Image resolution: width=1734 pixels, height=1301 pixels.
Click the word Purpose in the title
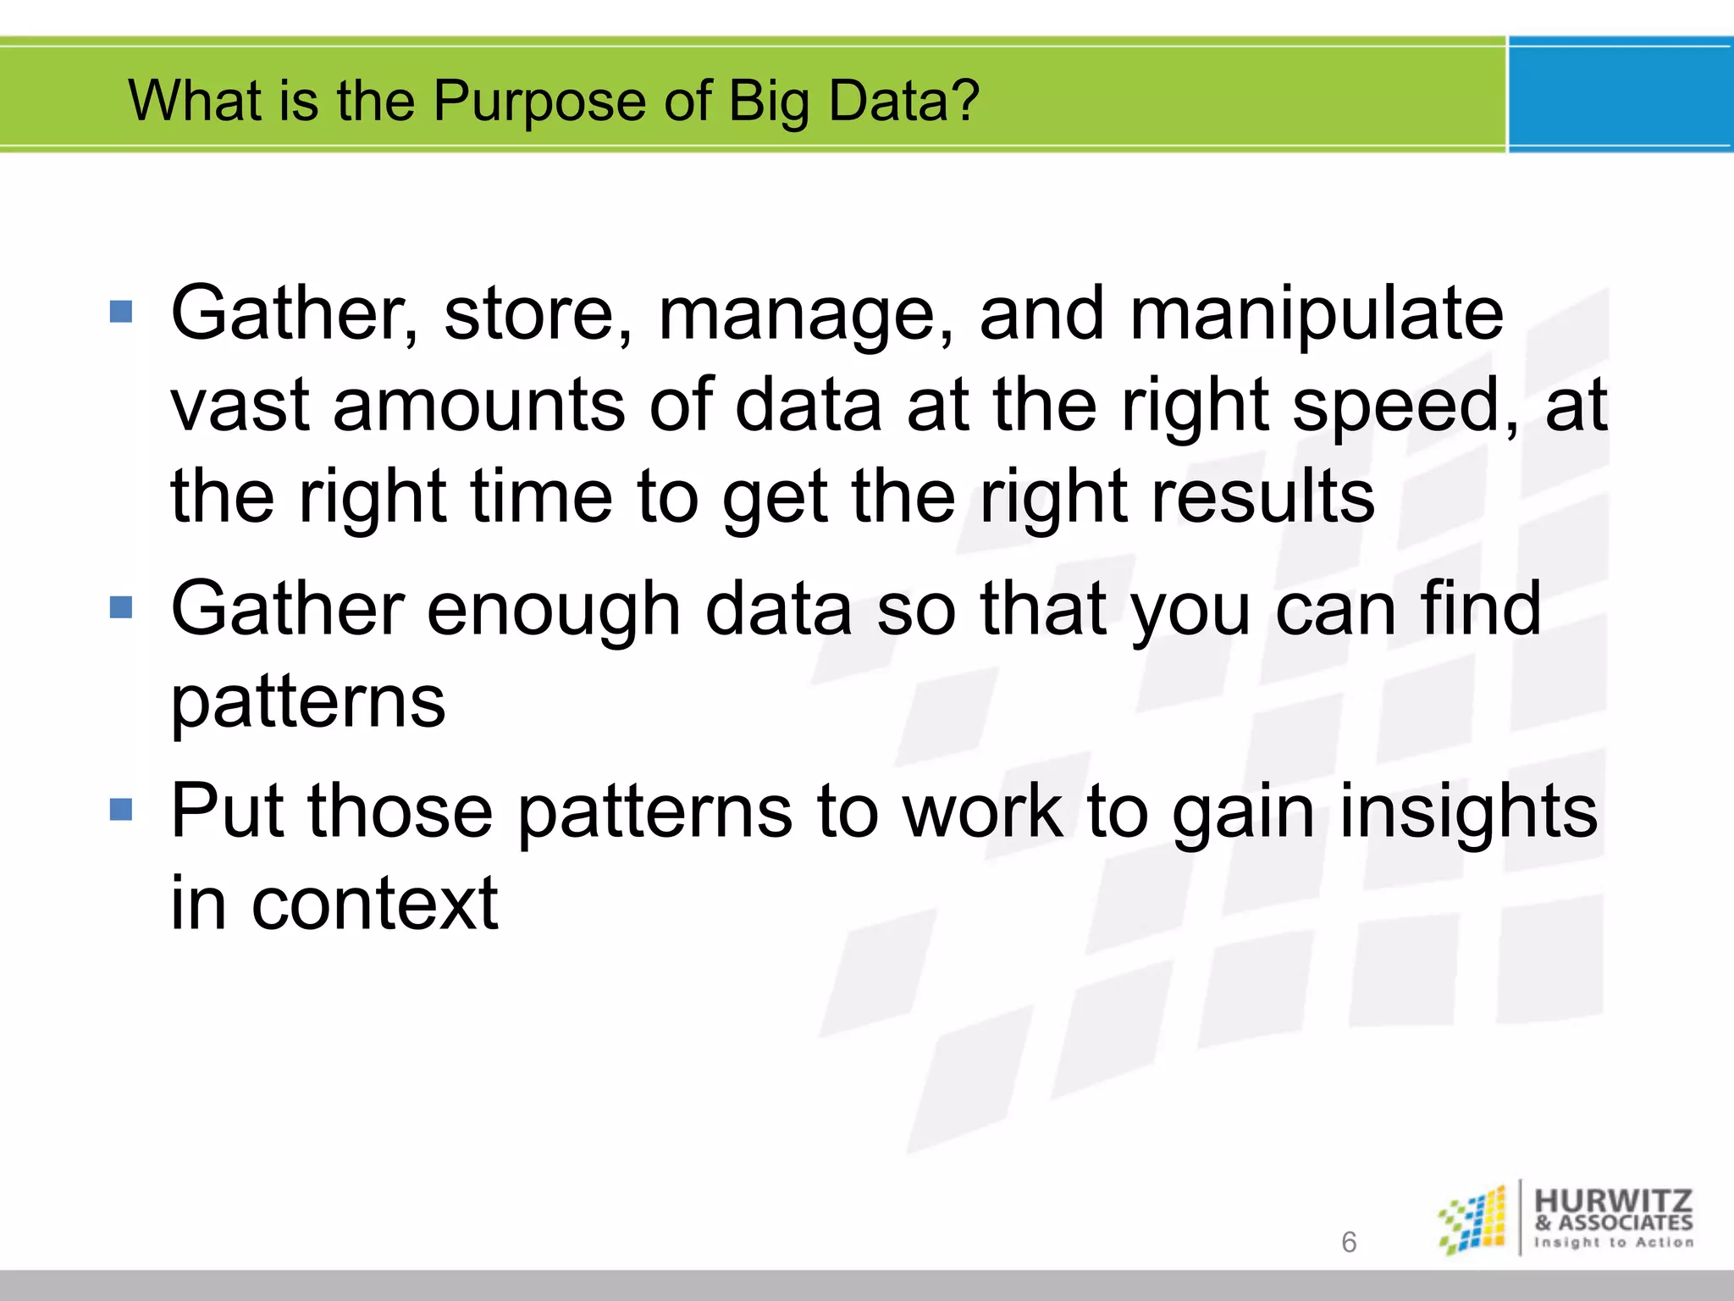[540, 101]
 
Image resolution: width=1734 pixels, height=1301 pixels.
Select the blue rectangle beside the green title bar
[1620, 95]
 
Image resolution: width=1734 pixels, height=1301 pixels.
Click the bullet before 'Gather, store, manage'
[122, 312]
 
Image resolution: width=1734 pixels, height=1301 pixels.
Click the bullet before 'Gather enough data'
[122, 607]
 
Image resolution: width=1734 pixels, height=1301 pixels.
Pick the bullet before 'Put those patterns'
[122, 810]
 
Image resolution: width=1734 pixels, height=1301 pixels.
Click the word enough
[553, 610]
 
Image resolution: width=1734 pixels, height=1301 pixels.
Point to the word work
[982, 811]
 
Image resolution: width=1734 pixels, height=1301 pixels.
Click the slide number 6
[1349, 1242]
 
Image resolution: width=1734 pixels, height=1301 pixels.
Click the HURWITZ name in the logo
[1613, 1200]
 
